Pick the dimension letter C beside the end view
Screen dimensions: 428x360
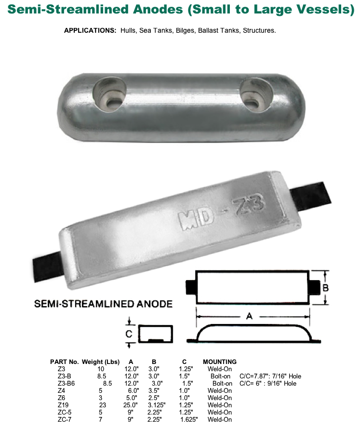coord(129,333)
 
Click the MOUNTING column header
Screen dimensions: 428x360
coord(220,362)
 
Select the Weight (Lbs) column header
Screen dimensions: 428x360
coord(101,362)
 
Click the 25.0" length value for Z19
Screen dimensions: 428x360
coord(132,405)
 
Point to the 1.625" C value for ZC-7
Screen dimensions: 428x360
coord(189,419)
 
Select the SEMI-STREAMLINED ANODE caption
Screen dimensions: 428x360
coord(103,304)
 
